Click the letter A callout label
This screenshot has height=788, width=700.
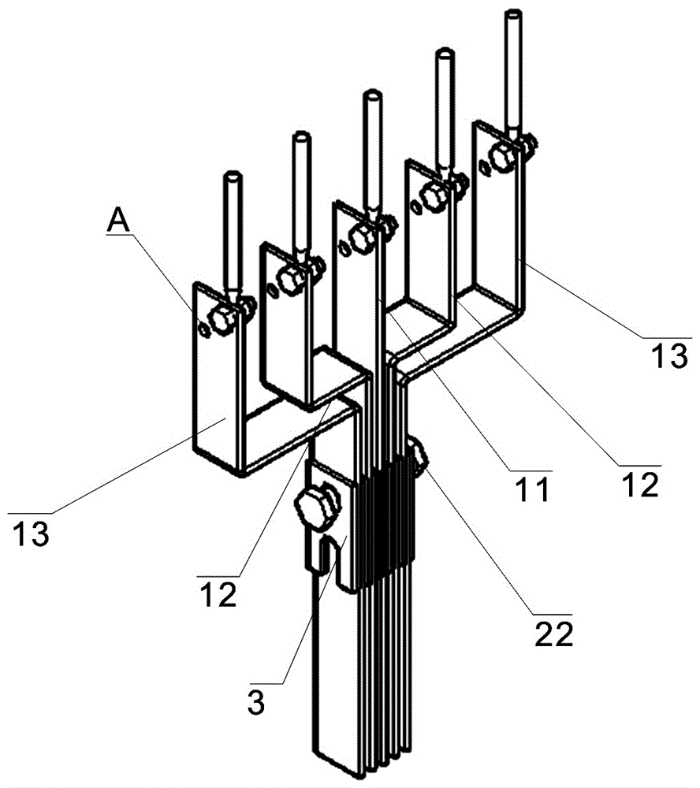coord(119,221)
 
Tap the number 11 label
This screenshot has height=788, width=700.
coord(533,490)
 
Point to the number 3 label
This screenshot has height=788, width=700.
coord(256,703)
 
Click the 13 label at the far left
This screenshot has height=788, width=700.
coord(31,533)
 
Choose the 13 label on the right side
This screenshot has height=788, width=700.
coord(669,356)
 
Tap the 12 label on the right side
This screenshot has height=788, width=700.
coord(640,485)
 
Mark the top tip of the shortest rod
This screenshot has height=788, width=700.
coord(232,177)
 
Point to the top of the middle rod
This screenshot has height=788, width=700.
coord(372,94)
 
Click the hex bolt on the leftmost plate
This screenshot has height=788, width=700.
coord(222,319)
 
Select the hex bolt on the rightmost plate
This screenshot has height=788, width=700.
coord(503,157)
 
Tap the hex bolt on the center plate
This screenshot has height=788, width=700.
coord(362,237)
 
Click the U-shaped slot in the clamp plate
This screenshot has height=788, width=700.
coord(327,551)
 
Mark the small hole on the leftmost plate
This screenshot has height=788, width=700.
coord(203,329)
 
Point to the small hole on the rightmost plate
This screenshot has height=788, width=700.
coord(484,167)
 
